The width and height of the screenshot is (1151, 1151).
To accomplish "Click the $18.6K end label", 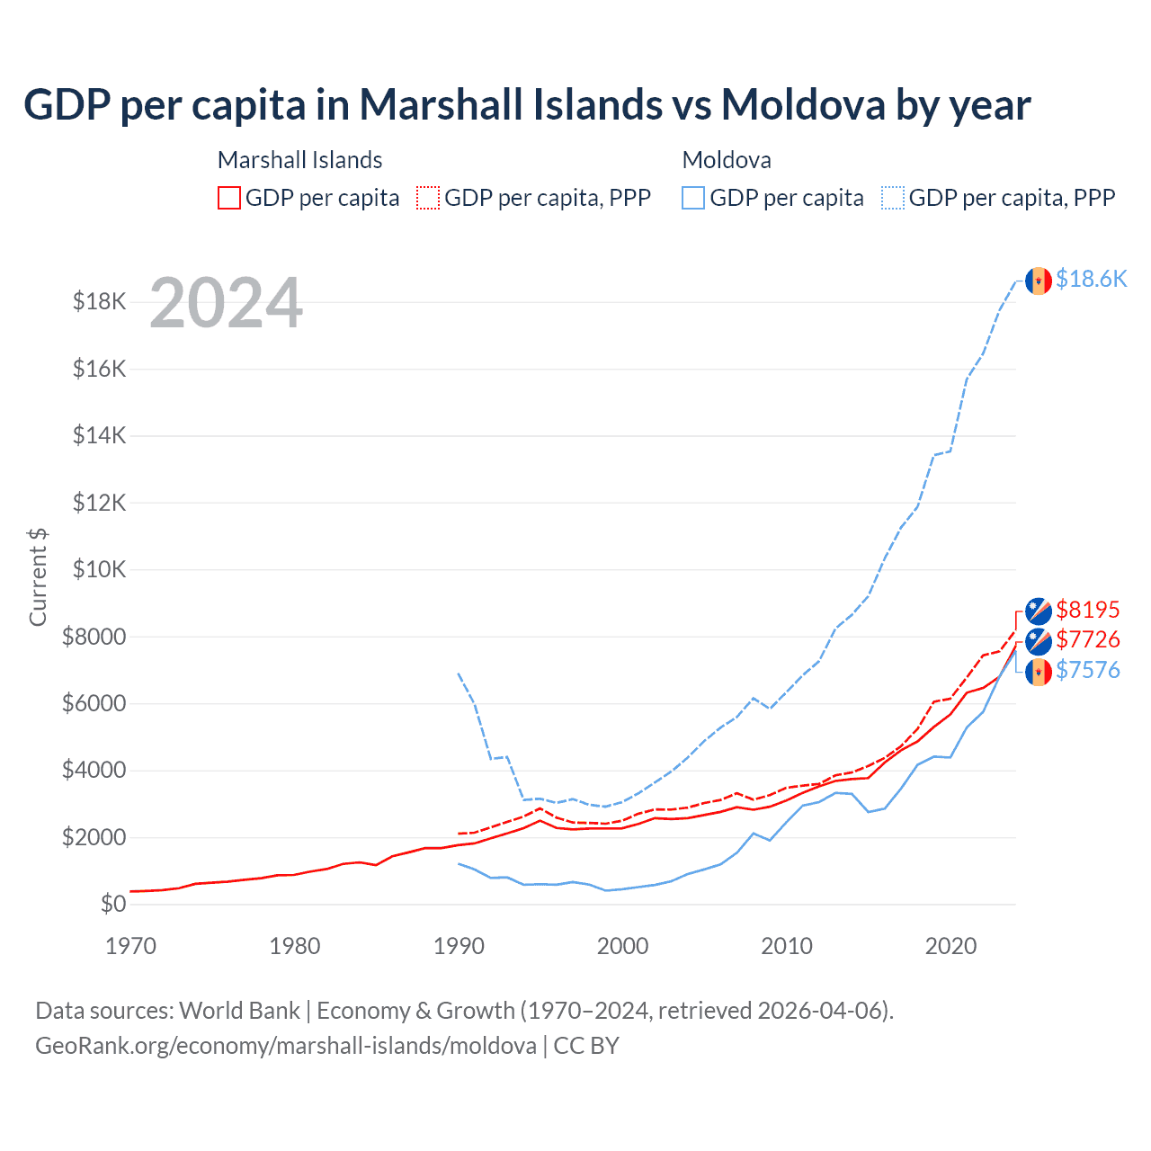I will pyautogui.click(x=1091, y=280).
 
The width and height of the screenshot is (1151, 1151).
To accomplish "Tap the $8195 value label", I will pyautogui.click(x=1088, y=611).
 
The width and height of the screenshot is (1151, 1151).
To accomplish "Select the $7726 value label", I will pyautogui.click(x=1088, y=640).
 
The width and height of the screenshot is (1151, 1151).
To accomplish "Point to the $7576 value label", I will pyautogui.click(x=1088, y=671).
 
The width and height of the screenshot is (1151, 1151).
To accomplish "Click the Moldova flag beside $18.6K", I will pyautogui.click(x=1039, y=281).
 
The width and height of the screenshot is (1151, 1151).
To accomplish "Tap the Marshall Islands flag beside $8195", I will pyautogui.click(x=1039, y=611).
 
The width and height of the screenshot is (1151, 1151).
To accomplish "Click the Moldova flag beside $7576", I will pyautogui.click(x=1039, y=671).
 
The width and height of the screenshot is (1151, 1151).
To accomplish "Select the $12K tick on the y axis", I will pyautogui.click(x=100, y=503).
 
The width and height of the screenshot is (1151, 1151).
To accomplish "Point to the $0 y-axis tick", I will pyautogui.click(x=113, y=904).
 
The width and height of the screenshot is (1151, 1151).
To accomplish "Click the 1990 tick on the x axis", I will pyautogui.click(x=459, y=946).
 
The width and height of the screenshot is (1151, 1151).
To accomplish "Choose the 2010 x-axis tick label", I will pyautogui.click(x=787, y=946).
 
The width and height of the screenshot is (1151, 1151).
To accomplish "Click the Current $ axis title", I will pyautogui.click(x=38, y=576).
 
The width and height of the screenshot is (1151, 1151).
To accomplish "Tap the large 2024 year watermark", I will pyautogui.click(x=227, y=303).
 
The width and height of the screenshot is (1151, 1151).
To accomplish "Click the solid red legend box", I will pyautogui.click(x=229, y=198).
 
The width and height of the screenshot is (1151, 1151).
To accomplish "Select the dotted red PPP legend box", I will pyautogui.click(x=428, y=198).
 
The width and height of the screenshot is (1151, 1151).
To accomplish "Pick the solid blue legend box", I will pyautogui.click(x=693, y=198).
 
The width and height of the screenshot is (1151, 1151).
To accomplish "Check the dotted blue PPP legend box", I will pyautogui.click(x=893, y=198).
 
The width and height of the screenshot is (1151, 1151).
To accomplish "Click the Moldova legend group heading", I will pyautogui.click(x=727, y=160).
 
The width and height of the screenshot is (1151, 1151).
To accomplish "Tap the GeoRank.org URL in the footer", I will pyautogui.click(x=286, y=1046).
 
